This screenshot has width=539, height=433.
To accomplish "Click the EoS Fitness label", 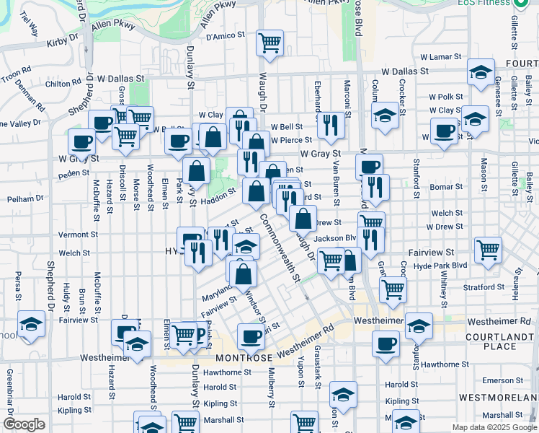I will [488, 3].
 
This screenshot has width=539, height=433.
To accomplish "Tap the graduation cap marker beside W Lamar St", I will [481, 72].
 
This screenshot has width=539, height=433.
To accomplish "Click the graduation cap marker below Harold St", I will [344, 395].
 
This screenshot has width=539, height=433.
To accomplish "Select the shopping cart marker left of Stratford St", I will [393, 289].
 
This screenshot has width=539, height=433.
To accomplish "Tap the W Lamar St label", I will [440, 56].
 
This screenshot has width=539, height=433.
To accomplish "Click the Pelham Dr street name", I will [22, 198].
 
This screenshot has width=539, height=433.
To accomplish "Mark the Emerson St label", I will [498, 380].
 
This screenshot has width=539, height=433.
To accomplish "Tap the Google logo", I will [24, 424].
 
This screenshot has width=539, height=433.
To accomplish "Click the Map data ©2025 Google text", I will [494, 427].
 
